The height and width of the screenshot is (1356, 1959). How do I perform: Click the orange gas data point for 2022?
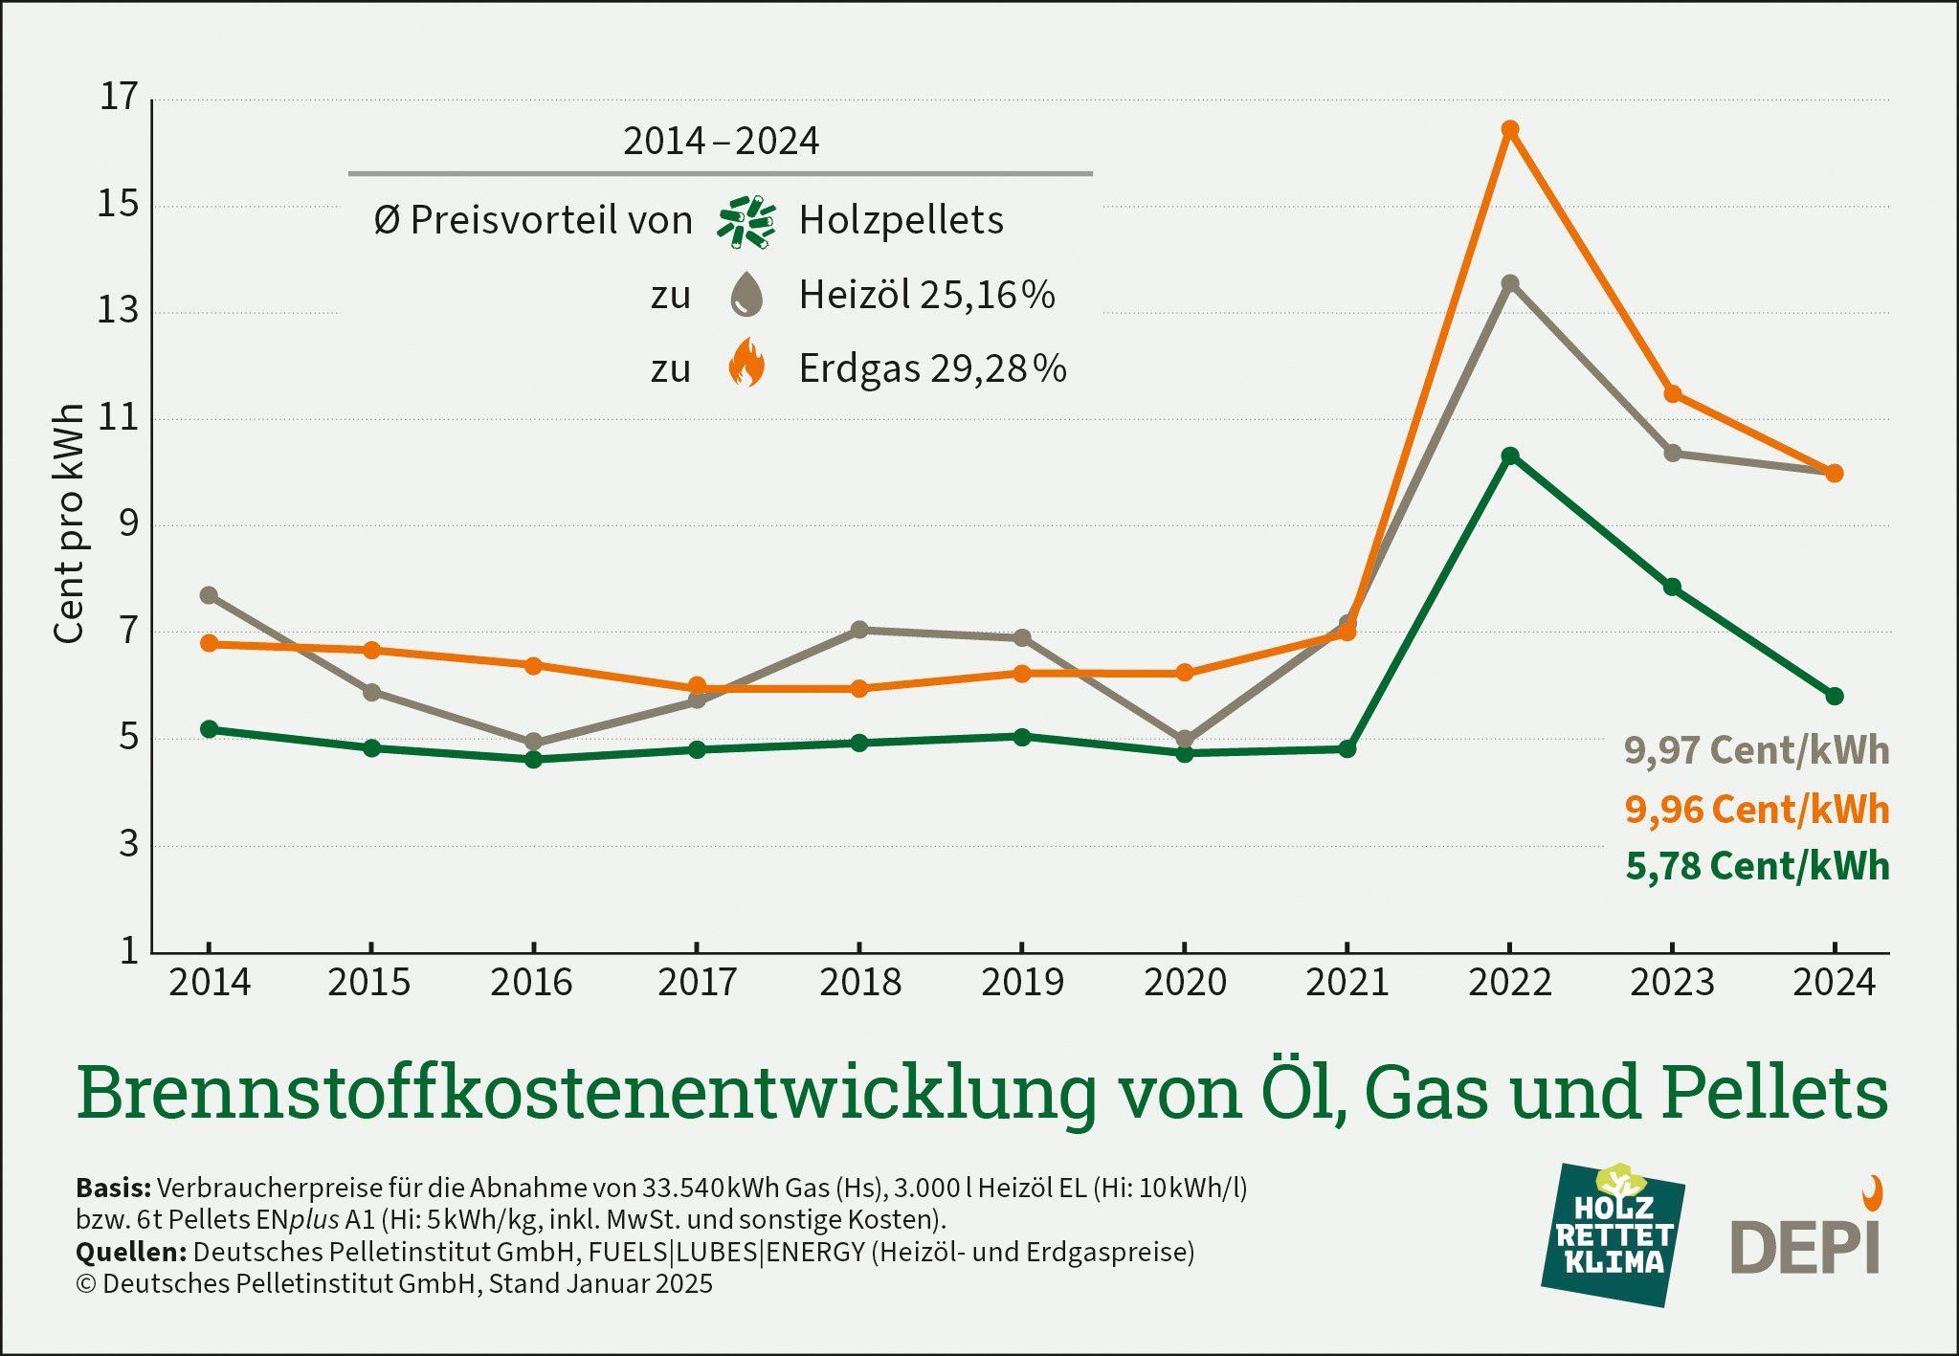1510,129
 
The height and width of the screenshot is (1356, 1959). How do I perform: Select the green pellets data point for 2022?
1510,456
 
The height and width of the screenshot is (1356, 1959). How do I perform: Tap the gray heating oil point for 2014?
209,595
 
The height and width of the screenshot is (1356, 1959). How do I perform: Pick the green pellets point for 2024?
1835,696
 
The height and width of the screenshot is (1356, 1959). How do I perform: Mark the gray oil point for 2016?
534,742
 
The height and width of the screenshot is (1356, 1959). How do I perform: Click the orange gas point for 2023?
1673,393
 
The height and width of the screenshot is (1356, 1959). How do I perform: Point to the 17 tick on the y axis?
120,97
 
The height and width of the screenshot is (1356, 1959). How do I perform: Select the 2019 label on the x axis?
1022,983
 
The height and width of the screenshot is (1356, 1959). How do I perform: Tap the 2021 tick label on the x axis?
1347,983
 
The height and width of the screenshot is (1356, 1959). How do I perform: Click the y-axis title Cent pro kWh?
69,523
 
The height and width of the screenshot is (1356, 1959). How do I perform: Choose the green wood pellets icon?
746,222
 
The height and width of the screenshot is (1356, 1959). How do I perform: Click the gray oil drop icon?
746,295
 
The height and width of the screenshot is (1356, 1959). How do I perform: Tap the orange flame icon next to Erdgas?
746,364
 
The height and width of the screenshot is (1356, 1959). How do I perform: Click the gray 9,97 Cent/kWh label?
1756,750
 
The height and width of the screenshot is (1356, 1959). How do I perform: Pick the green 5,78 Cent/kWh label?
1756,866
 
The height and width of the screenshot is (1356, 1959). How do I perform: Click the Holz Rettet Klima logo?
1613,1234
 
